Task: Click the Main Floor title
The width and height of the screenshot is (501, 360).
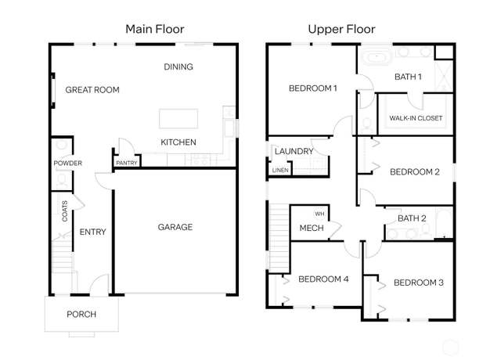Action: point(155,29)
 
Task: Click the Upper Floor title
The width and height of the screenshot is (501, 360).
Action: point(341,30)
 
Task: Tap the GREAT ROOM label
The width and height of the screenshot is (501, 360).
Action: point(92,90)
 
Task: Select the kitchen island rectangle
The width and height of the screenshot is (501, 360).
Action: point(178,118)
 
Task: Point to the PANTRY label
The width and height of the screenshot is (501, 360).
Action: point(127,163)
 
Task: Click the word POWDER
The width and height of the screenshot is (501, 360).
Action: point(68,163)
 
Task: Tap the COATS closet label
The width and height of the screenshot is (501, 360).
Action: point(65,211)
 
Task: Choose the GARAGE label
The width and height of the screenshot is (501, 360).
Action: point(175,227)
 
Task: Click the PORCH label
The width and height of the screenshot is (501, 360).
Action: point(81,315)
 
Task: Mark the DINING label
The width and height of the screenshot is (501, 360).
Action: point(178,67)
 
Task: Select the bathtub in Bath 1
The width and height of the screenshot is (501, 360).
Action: point(377,58)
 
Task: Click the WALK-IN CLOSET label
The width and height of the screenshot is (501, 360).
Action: point(416,118)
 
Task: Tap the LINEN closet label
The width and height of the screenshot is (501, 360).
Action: point(280,171)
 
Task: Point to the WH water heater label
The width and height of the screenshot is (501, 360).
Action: point(319,214)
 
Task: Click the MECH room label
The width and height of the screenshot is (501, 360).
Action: point(312,228)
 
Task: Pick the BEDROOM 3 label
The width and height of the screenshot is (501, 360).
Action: point(419,283)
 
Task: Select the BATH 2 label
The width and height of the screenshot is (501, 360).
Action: point(412,218)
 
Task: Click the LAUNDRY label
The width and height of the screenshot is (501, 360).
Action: point(294,151)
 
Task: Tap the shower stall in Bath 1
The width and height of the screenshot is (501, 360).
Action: point(444,77)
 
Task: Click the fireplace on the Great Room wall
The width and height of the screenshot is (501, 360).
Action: point(52,91)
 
